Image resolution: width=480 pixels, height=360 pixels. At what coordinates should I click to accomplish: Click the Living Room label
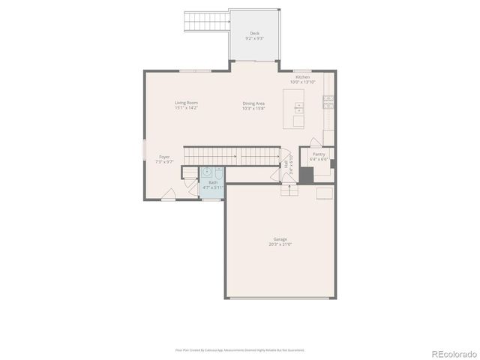186,103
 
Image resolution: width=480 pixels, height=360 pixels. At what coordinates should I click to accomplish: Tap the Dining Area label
253,103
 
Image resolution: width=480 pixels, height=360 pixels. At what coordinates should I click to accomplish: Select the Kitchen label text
302,77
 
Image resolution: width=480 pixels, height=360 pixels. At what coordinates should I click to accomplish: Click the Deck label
254,34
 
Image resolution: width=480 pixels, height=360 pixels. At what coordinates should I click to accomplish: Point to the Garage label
279,239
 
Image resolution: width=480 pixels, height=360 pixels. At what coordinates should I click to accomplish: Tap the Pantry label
319,154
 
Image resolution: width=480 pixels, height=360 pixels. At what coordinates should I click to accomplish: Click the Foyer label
164,157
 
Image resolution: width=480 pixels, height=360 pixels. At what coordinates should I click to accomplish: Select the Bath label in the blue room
213,182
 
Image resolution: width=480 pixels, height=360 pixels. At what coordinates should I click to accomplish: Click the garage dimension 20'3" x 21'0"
279,244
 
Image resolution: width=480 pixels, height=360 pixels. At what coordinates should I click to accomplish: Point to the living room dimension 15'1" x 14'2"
186,108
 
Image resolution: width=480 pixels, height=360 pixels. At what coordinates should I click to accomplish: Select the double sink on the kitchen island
298,106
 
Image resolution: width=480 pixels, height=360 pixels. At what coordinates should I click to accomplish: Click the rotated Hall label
286,163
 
